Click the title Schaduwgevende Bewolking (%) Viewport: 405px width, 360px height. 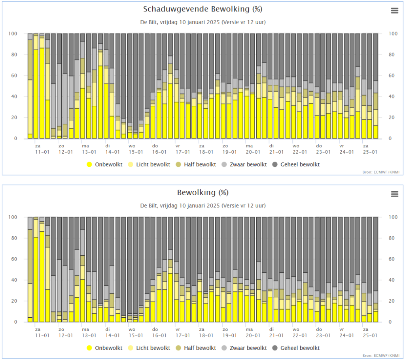(x=202, y=9)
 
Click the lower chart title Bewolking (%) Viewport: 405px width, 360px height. (x=202, y=192)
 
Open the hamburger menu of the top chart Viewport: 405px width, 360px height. (x=394, y=11)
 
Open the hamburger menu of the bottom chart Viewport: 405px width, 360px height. (x=394, y=194)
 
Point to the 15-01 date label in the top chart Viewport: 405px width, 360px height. (x=136, y=152)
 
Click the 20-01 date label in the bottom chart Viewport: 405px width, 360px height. (x=253, y=335)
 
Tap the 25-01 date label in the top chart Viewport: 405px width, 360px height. (x=370, y=152)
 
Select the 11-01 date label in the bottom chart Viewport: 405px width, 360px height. (x=42, y=335)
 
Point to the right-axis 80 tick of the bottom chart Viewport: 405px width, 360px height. (x=392, y=238)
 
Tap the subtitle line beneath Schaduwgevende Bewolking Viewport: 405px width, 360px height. (x=202, y=22)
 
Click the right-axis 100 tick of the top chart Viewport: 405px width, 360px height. (x=393, y=34)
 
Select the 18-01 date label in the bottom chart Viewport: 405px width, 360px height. (x=206, y=335)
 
